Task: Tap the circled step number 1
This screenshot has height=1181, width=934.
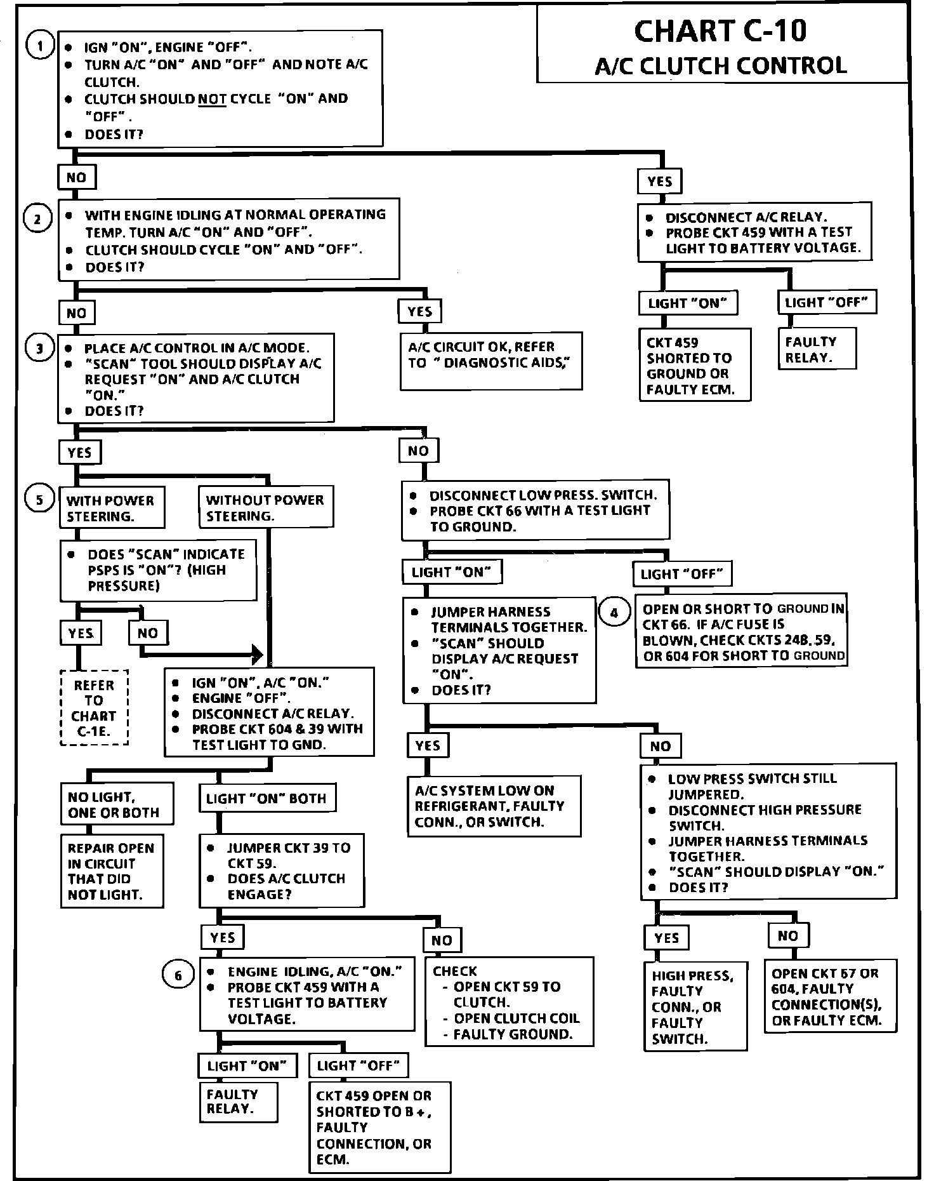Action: [x=39, y=46]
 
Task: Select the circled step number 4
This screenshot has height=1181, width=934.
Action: [x=614, y=613]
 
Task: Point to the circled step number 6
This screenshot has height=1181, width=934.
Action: [x=178, y=975]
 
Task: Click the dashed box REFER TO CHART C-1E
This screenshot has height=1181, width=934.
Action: [x=94, y=708]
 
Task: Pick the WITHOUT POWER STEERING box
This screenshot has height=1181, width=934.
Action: [x=266, y=507]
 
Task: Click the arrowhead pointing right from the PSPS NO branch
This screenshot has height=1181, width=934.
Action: [x=256, y=653]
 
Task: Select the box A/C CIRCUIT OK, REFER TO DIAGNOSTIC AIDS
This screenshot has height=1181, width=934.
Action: [x=490, y=360]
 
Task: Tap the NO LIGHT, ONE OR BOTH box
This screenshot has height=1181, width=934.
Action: [x=116, y=804]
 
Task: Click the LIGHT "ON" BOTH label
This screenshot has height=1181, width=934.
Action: [x=266, y=798]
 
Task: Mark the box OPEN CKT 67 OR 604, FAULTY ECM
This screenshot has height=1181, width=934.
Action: [x=831, y=997]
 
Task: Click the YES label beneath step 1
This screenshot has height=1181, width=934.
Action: [x=659, y=182]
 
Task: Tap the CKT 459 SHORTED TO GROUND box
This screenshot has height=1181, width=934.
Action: [x=694, y=365]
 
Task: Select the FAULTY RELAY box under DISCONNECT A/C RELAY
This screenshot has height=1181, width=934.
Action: [x=816, y=349]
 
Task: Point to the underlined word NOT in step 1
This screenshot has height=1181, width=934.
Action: [x=212, y=99]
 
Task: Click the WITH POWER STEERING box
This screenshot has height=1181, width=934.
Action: [x=111, y=508]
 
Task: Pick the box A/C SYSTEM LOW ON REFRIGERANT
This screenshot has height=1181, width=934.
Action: [x=494, y=806]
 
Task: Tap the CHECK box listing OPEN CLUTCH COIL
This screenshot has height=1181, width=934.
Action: [x=509, y=1001]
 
